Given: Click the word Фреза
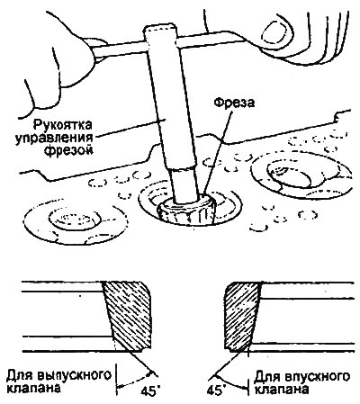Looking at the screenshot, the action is coord(234,103).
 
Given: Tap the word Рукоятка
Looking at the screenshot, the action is coord(63,124).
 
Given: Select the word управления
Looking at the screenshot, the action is coord(54,138).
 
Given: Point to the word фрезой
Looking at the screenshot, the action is coord(68,150).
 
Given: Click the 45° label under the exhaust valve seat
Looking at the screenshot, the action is coord(150,391).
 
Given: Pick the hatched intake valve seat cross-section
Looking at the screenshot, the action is coord(242,315).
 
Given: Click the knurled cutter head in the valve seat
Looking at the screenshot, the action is coord(186,210).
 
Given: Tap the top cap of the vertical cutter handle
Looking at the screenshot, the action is coord(160,30).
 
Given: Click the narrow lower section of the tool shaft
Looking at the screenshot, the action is coord(184,184).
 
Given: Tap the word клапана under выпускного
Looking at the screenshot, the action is coord(33,389).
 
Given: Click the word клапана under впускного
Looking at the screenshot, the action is coord(283,390).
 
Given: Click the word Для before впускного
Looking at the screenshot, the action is coord(265,377).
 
